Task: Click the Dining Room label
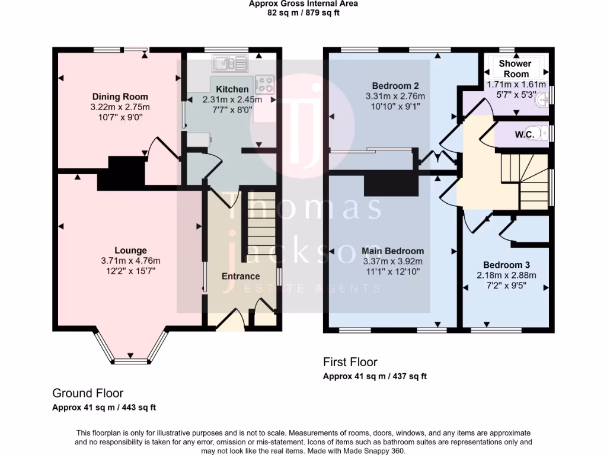[120, 97]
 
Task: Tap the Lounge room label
[130, 251]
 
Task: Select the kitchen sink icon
[231, 62]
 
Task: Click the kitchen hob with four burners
[264, 84]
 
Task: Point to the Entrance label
[241, 276]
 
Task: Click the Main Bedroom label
[392, 251]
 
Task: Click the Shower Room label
[516, 69]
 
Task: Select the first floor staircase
[525, 181]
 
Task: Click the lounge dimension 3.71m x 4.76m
[130, 261]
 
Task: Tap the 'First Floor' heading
[350, 362]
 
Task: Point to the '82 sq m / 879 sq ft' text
[303, 13]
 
